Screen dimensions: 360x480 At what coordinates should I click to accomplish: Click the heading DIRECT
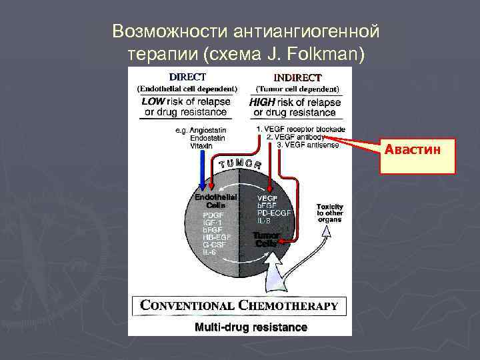[187, 77]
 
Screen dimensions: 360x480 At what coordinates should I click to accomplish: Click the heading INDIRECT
[297, 77]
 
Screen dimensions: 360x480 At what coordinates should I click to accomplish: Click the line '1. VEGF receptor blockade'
[301, 129]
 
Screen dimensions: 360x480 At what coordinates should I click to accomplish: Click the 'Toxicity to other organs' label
[330, 213]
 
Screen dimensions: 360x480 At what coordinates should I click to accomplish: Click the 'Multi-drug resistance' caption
[251, 327]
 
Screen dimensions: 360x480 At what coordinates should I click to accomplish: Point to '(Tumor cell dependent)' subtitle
[297, 89]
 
